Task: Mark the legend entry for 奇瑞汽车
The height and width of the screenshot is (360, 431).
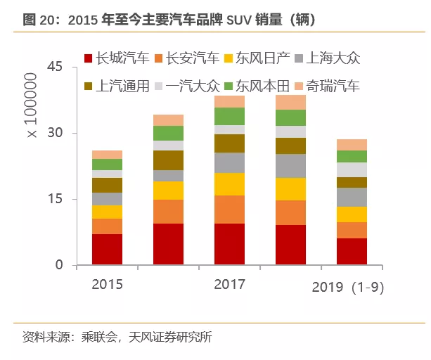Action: pyautogui.click(x=328, y=86)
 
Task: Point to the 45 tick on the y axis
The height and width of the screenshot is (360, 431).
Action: pyautogui.click(x=56, y=67)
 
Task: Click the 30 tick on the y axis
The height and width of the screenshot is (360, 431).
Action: pyautogui.click(x=56, y=133)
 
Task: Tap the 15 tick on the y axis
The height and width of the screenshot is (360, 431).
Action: pyautogui.click(x=56, y=200)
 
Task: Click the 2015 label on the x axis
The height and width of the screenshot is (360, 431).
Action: pyautogui.click(x=107, y=285)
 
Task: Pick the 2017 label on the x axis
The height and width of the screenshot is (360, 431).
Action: pyautogui.click(x=229, y=285)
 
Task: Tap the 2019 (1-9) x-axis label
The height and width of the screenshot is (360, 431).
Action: pyautogui.click(x=348, y=288)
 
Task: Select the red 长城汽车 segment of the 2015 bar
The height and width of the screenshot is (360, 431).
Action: pyautogui.click(x=107, y=250)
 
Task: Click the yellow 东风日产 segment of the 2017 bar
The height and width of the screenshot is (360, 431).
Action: pyautogui.click(x=229, y=184)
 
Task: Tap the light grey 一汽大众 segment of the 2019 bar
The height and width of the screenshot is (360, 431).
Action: pyautogui.click(x=352, y=169)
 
